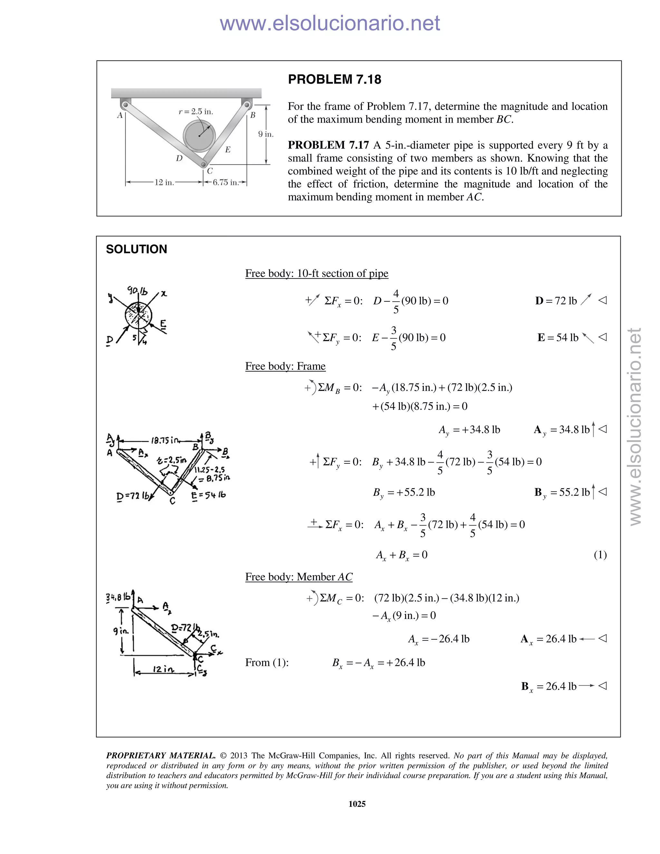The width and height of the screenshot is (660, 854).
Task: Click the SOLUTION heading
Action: (136, 249)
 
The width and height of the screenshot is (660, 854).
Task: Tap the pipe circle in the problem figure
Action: (199, 136)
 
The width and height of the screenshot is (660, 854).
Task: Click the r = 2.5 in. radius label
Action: (196, 112)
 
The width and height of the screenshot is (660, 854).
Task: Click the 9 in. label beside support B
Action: (266, 134)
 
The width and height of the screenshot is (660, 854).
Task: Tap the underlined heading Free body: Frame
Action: (285, 366)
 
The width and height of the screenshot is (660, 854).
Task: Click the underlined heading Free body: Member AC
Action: (299, 577)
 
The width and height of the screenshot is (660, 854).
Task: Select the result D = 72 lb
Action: (556, 301)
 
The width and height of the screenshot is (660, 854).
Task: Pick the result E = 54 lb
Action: (558, 337)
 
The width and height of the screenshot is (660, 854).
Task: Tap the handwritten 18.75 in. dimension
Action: (165, 440)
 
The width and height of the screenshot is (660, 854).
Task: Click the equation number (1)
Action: (600, 555)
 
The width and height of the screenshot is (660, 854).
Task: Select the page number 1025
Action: (357, 804)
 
